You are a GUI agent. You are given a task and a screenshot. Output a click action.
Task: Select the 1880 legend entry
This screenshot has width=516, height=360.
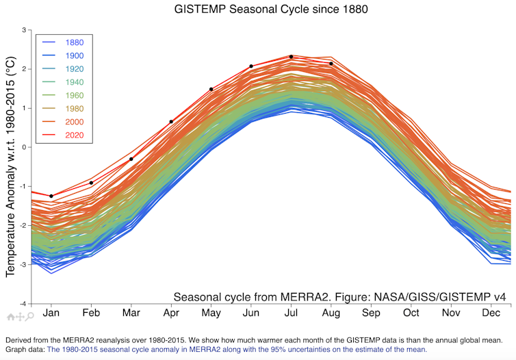(73, 42)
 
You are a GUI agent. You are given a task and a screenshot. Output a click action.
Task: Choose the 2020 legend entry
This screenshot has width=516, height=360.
(73, 135)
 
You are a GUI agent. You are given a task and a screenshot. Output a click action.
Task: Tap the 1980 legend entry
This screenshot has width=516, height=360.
(73, 108)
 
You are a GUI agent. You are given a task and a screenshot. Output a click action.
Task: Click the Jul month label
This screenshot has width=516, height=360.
(291, 313)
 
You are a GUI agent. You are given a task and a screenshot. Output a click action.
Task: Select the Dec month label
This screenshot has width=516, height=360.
(491, 313)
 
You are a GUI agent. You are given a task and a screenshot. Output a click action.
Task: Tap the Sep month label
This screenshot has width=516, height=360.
(371, 313)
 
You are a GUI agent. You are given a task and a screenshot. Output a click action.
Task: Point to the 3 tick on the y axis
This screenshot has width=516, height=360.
(24, 30)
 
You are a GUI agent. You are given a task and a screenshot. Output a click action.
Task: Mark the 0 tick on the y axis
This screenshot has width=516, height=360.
(24, 147)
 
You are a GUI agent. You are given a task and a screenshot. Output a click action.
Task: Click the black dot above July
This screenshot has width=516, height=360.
(291, 57)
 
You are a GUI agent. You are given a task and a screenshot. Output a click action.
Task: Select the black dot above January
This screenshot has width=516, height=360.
(51, 196)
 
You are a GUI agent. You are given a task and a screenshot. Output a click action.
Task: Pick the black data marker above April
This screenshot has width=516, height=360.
(171, 122)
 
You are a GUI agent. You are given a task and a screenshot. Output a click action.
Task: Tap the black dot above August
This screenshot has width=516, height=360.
(331, 64)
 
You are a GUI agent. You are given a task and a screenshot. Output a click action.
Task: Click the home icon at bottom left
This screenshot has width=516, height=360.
(10, 316)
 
